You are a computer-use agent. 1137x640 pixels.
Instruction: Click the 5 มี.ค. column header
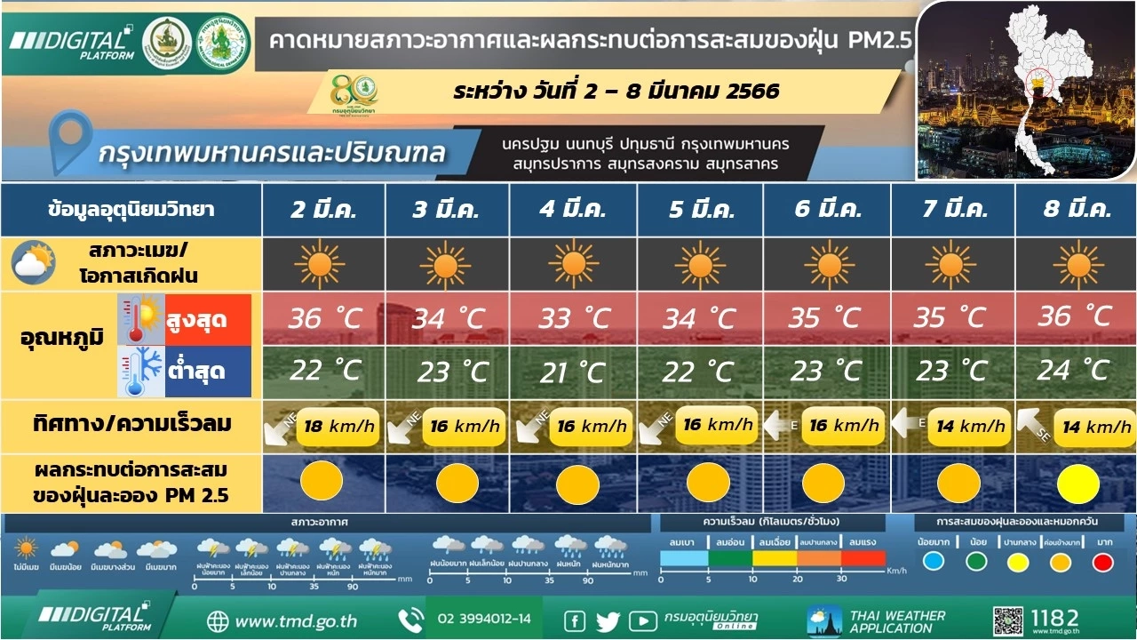click(700, 211)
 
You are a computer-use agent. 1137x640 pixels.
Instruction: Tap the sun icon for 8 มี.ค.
click(1078, 264)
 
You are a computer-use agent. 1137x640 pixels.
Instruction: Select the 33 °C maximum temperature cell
click(573, 317)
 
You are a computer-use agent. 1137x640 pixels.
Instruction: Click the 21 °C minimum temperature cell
click(573, 372)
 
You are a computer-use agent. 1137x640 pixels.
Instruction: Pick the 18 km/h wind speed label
click(337, 426)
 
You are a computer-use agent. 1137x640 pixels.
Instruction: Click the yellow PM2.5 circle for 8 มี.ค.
click(1078, 484)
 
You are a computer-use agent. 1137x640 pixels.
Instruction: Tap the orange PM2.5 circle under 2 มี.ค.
click(321, 482)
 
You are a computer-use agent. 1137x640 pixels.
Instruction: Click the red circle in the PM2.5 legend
click(1102, 562)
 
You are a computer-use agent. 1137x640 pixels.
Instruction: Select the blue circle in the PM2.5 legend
click(933, 562)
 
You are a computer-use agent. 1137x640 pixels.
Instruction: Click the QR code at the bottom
click(1008, 620)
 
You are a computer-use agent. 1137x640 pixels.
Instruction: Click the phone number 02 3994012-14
click(484, 619)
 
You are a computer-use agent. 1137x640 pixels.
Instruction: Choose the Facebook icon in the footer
click(575, 620)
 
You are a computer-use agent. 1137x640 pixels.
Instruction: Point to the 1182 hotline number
click(1054, 617)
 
